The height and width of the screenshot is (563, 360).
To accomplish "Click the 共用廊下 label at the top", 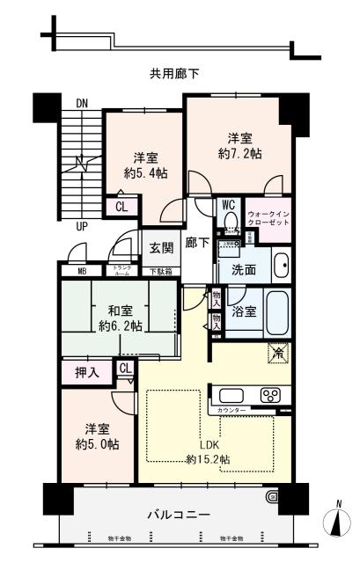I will click(x=173, y=73).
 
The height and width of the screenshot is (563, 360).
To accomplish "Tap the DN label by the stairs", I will click(x=81, y=103).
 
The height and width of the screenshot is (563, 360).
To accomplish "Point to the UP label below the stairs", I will click(x=81, y=226).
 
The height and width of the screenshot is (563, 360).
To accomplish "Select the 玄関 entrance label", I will click(x=159, y=247).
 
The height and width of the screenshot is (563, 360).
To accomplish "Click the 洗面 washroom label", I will click(x=243, y=269).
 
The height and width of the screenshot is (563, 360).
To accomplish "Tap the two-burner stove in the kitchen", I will click(x=272, y=394).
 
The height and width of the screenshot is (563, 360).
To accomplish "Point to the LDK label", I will click(x=208, y=444).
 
